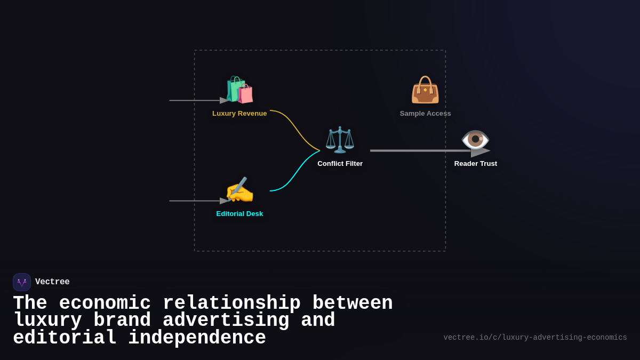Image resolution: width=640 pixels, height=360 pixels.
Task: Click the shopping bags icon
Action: tap(239, 90)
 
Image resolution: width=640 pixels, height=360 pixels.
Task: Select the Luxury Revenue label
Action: tap(239, 114)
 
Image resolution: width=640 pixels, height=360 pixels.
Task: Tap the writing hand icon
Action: tap(239, 190)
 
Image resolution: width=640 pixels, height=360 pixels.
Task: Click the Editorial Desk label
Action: tap(239, 214)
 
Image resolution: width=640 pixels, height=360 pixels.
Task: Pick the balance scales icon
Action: tap(340, 140)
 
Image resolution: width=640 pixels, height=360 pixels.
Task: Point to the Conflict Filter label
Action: tap(340, 164)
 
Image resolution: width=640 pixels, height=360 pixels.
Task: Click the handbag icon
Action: tap(425, 90)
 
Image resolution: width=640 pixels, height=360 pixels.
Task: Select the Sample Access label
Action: tap(425, 114)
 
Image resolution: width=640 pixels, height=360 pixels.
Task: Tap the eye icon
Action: tap(475, 139)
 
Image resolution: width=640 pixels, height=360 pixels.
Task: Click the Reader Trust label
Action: tap(475, 164)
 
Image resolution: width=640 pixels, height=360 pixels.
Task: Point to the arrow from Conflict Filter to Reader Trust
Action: tap(421, 151)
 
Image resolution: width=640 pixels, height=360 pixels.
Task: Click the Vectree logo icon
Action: tap(22, 282)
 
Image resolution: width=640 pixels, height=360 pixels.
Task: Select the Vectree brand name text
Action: tap(52, 282)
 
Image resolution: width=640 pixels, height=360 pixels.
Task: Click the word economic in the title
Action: tap(105, 303)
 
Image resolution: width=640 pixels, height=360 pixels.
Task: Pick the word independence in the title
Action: tap(197, 338)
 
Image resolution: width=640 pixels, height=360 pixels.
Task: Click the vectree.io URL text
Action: tap(535, 338)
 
